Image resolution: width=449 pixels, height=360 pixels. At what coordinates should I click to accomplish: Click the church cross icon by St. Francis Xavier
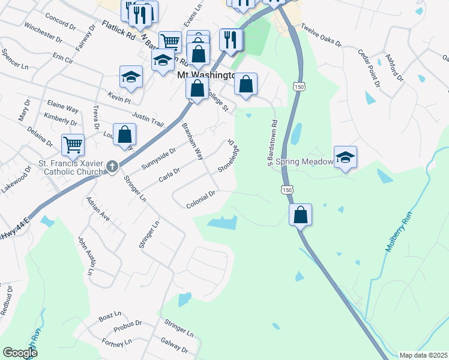point(112,167)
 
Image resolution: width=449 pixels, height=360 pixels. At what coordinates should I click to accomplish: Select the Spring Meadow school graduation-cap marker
point(345,158)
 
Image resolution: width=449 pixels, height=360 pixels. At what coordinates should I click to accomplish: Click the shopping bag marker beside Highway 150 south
point(300,215)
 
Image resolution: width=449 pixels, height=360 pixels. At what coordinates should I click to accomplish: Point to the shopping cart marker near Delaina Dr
point(73,145)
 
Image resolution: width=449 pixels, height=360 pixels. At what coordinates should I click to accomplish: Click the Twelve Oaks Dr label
point(321,36)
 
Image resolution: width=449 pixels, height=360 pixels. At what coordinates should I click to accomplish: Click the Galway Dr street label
point(173,345)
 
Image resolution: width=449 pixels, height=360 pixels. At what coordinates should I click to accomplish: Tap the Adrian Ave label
point(98,209)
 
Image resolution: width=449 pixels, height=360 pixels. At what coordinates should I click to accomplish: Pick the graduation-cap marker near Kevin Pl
point(131,77)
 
